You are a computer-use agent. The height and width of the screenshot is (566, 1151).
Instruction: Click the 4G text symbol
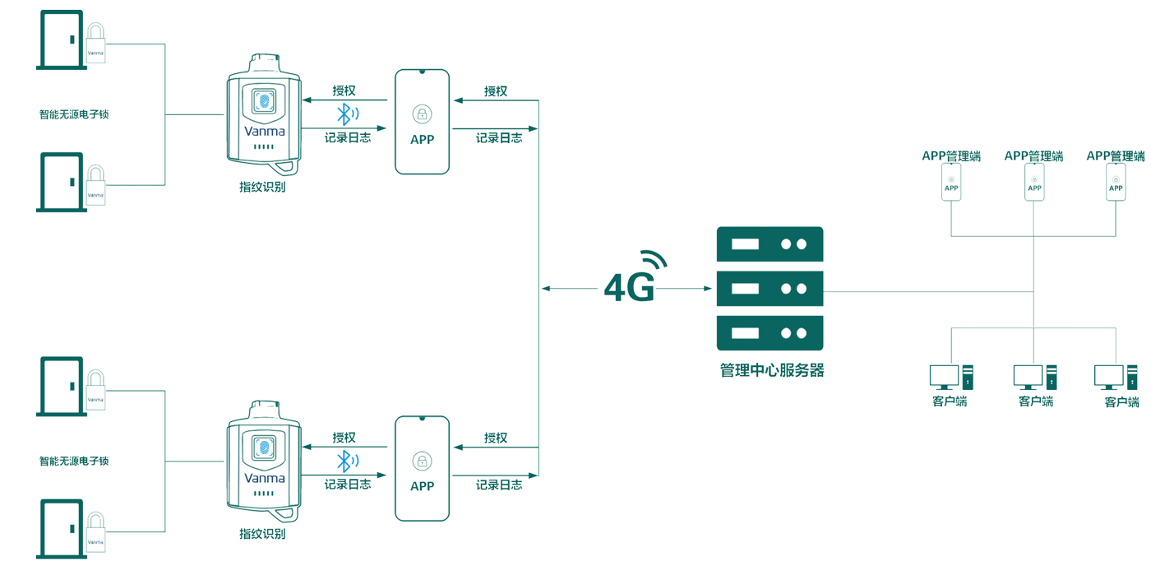point(629,289)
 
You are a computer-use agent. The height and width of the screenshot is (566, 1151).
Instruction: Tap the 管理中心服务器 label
point(771,370)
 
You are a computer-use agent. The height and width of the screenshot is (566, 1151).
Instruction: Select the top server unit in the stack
point(770,244)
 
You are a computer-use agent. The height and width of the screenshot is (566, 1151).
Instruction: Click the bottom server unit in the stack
point(770,333)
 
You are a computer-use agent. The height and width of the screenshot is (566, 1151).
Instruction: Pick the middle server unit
point(770,289)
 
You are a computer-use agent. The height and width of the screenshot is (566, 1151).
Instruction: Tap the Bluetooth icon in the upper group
point(347,114)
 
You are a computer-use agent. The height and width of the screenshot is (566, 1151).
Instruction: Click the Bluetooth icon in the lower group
point(347,462)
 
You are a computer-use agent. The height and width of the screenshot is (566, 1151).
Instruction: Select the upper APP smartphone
point(422,122)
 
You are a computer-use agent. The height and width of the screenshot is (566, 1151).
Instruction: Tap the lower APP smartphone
point(422,468)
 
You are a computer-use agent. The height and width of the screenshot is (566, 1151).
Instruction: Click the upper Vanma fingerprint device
point(264,115)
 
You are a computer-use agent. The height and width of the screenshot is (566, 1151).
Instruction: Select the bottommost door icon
point(62,528)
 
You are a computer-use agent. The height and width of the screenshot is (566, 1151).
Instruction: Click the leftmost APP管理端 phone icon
point(951,182)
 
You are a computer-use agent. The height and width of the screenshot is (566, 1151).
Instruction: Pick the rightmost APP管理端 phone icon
point(1116,182)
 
